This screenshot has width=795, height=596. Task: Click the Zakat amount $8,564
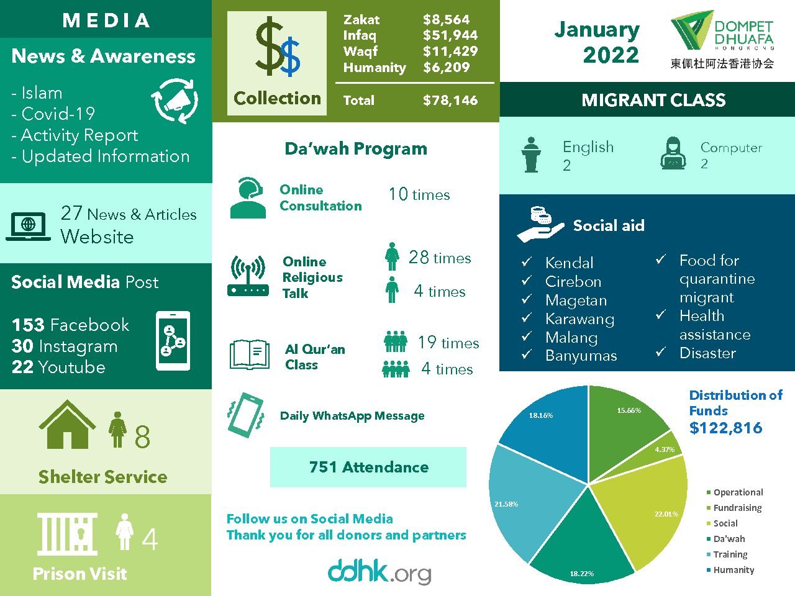tap(446, 20)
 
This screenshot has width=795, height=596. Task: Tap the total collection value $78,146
tap(450, 101)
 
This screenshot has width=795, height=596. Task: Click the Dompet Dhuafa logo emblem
tap(691, 34)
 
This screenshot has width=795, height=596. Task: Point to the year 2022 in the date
tap(611, 55)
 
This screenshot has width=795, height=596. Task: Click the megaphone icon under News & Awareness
tap(175, 101)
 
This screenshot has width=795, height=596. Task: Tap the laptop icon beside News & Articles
tap(29, 225)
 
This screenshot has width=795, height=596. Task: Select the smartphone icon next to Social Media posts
tap(173, 341)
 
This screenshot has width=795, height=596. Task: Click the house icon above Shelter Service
tap(67, 425)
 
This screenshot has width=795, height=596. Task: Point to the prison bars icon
tap(67, 534)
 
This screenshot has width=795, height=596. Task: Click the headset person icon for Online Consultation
tap(248, 198)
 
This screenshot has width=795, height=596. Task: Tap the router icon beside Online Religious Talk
tap(248, 276)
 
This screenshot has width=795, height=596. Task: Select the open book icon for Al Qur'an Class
tap(249, 354)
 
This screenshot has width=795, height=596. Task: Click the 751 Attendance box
tap(368, 467)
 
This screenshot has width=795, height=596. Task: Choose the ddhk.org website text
tap(379, 572)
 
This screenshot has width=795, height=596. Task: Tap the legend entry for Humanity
tap(733, 570)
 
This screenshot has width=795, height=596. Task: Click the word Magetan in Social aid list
tap(576, 300)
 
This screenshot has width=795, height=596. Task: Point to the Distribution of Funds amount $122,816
tap(725, 428)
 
